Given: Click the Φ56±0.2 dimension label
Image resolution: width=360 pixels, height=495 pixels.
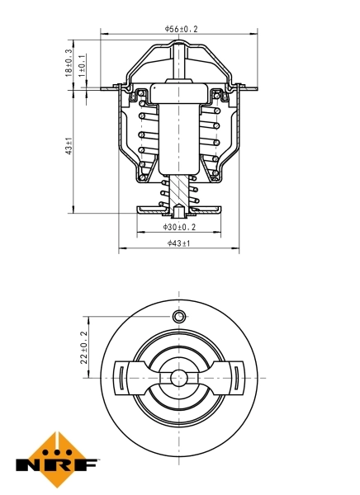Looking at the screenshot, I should click(181, 29).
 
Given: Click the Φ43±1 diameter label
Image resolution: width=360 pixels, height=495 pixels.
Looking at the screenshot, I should click(178, 243).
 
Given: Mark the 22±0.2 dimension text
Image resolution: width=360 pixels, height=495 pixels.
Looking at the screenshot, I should click(83, 347).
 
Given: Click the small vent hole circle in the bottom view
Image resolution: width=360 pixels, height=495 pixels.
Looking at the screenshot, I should click(178, 318).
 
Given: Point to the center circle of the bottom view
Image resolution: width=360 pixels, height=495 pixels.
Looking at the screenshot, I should click(178, 378).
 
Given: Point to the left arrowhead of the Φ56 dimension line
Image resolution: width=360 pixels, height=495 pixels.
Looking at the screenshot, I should click(104, 34).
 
